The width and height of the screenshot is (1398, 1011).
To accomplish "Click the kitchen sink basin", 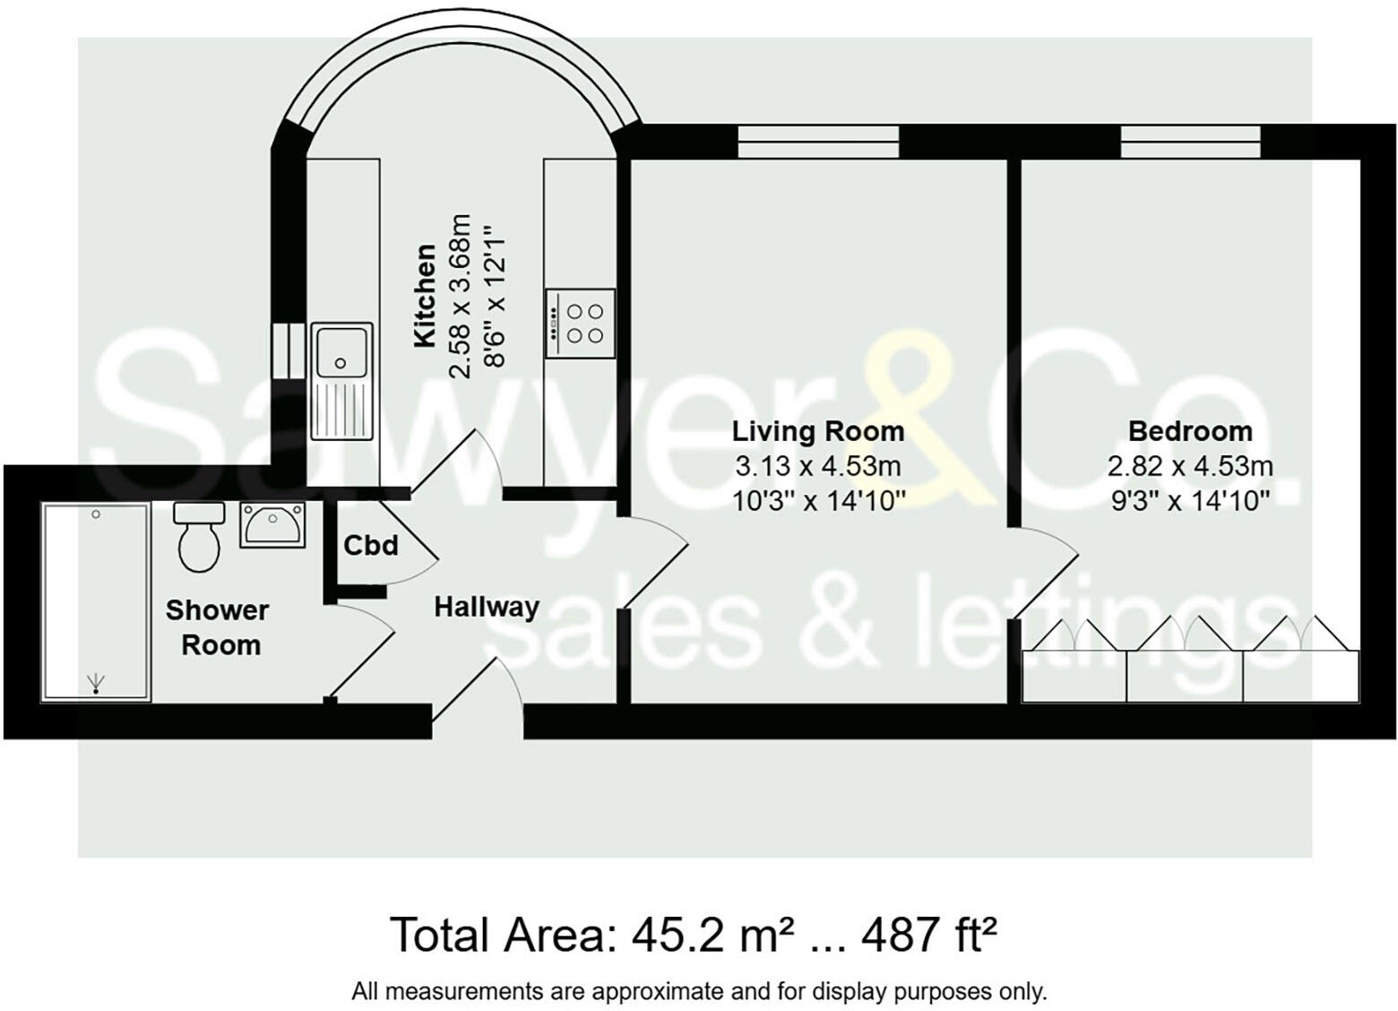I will [341, 351].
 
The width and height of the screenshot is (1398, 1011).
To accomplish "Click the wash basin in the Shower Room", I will [272, 524].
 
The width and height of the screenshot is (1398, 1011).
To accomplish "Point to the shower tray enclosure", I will [95, 602].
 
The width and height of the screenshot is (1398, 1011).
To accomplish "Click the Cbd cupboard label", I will [370, 545].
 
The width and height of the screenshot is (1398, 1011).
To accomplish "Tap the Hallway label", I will [487, 607].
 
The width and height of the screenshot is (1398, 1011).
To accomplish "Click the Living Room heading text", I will [817, 431].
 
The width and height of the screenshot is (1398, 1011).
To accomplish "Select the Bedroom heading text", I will [1189, 431].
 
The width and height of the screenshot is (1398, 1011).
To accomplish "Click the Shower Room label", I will [218, 627].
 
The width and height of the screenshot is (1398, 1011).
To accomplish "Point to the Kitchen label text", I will [424, 296].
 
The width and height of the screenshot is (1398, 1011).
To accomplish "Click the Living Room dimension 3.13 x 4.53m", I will [817, 466].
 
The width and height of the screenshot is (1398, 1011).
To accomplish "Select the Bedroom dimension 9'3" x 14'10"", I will [1189, 500].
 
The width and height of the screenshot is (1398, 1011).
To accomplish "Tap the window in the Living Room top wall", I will [817, 142].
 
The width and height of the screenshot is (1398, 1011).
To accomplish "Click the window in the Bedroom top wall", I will [1190, 142].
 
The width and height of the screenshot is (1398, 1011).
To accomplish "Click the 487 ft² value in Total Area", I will [928, 936].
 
